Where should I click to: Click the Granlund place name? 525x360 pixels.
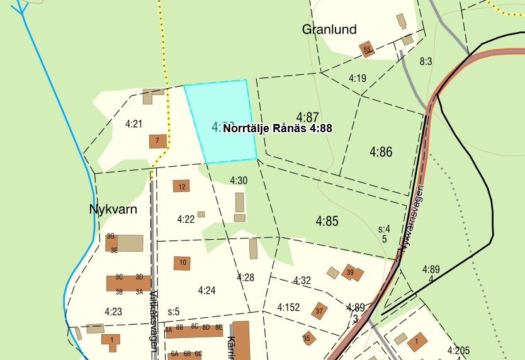click(329, 29)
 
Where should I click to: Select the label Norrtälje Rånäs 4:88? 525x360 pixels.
click(278, 128)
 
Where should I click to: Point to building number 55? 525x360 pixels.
click(367, 49)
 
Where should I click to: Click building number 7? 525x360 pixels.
click(157, 141)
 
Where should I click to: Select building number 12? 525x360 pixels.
click(181, 186)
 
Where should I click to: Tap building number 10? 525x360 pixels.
click(182, 262)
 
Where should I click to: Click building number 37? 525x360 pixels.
click(319, 310)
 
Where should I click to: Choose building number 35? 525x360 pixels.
click(307, 338)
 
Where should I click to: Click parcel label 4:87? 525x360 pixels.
click(308, 118)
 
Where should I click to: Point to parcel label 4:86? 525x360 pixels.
click(381, 152)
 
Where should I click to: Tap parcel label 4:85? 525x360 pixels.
click(327, 221)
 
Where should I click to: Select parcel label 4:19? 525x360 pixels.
click(357, 78)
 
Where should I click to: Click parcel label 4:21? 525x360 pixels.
click(133, 124)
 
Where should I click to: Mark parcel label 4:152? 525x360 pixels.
click(288, 307)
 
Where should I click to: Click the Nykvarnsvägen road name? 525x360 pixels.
click(410, 220)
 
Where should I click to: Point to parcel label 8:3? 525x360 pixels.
click(426, 61)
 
